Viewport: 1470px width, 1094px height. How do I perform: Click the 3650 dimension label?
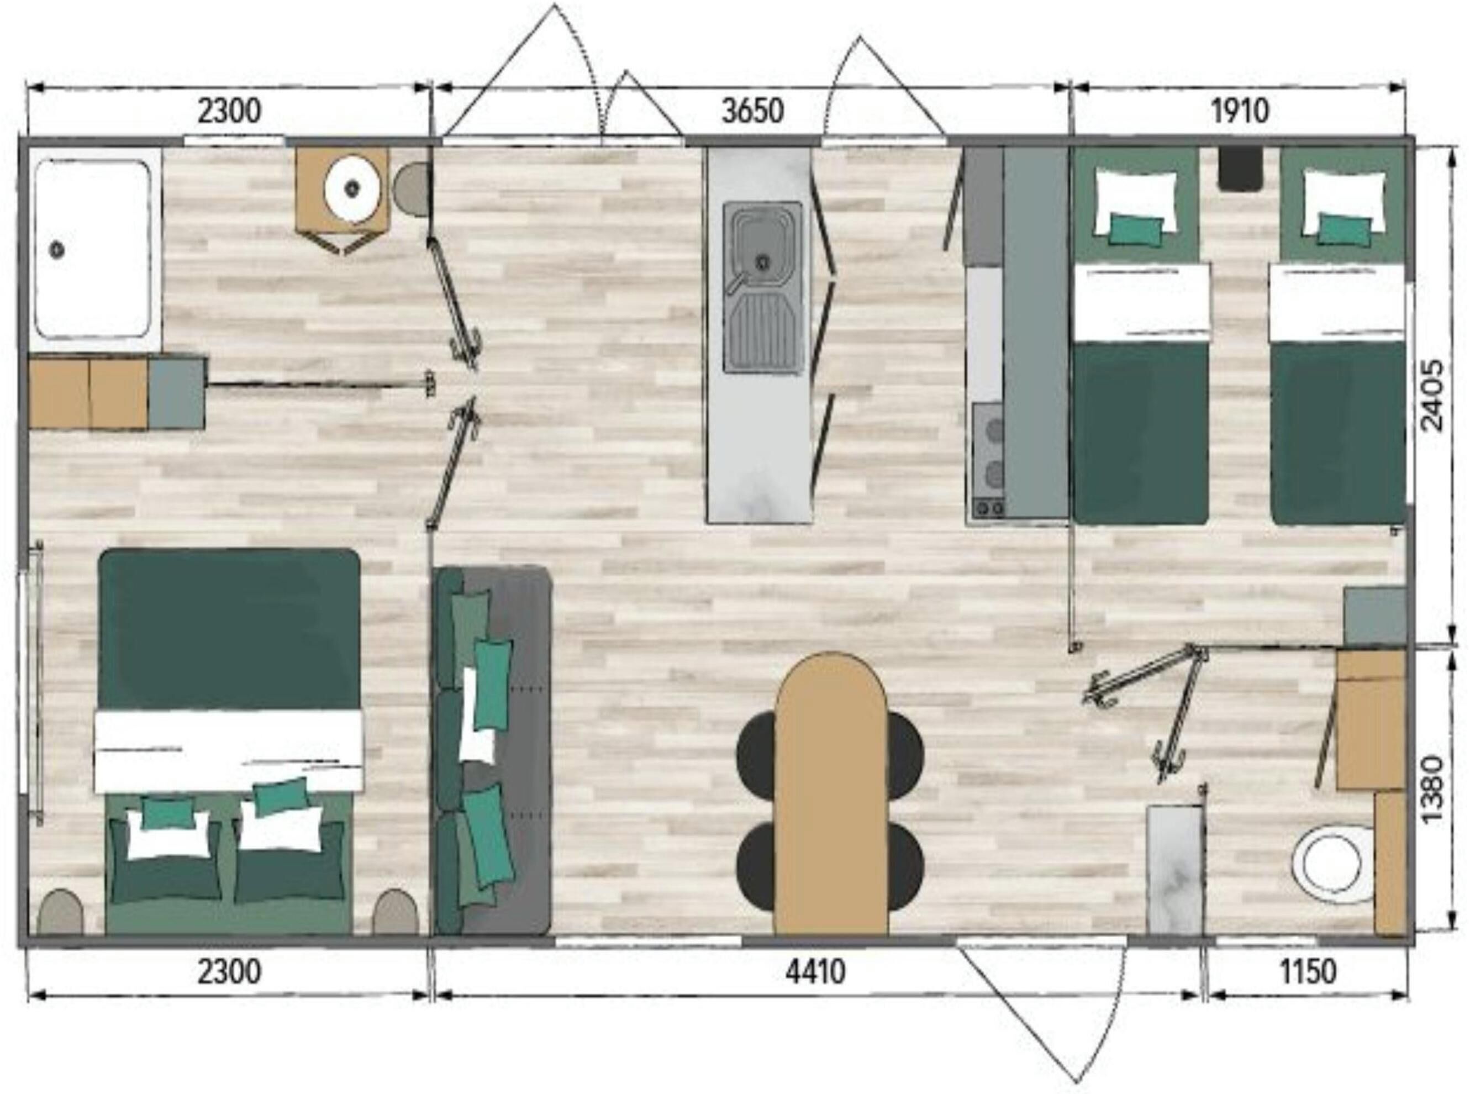point(752,111)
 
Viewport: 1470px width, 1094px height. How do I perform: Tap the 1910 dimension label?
point(1240,111)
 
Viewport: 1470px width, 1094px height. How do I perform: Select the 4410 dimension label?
point(815,972)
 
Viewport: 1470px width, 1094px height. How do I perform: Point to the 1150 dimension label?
point(1308,972)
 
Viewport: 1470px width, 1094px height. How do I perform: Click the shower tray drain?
point(57,250)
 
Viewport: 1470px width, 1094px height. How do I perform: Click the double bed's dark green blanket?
point(229,629)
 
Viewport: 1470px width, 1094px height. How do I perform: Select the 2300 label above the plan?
point(229,111)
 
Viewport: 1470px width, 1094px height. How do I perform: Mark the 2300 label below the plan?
point(229,972)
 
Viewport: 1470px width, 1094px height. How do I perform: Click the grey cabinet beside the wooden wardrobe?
point(176,393)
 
